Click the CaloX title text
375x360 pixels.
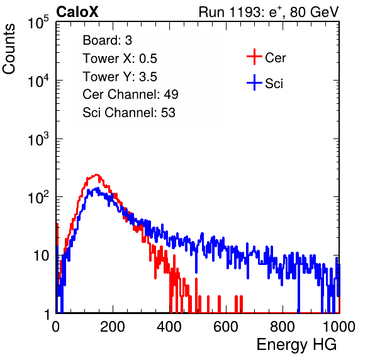(x=77, y=12)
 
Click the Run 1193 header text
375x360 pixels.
(x=269, y=12)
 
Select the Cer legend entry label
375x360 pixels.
(x=275, y=58)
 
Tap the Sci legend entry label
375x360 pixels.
(x=274, y=84)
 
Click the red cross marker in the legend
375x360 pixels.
(x=254, y=57)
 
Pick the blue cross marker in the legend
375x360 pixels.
(x=254, y=82)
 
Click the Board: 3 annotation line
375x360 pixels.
(x=107, y=40)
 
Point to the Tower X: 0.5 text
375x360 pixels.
(x=120, y=59)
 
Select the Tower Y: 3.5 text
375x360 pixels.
(x=120, y=77)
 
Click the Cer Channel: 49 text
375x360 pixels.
(x=130, y=94)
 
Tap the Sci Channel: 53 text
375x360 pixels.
(x=129, y=113)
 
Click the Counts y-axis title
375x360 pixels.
(x=9, y=49)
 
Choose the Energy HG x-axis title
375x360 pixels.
(x=296, y=345)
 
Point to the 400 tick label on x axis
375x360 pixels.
(x=169, y=327)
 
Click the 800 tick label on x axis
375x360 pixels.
(x=283, y=327)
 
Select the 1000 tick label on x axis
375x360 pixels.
(x=339, y=327)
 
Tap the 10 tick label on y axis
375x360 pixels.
(x=41, y=256)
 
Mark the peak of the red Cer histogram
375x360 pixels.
(x=96, y=174)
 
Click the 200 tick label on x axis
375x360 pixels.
(x=113, y=327)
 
